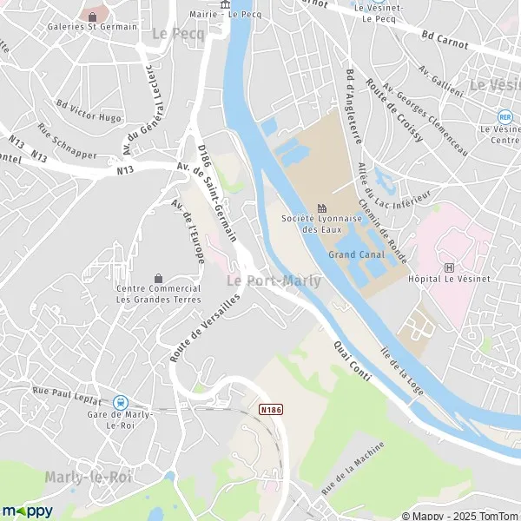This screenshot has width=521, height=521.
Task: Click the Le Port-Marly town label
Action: (x=274, y=281)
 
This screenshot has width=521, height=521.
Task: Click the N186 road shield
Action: (x=270, y=407)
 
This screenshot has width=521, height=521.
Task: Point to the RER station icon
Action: (x=505, y=115)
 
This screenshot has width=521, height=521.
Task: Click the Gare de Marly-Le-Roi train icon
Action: (x=120, y=402)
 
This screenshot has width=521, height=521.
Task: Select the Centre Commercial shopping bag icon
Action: (x=158, y=277)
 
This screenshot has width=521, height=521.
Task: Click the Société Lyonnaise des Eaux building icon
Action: (x=321, y=208)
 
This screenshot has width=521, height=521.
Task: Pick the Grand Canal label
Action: (x=356, y=254)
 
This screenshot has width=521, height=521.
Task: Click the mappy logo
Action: (x=28, y=510)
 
